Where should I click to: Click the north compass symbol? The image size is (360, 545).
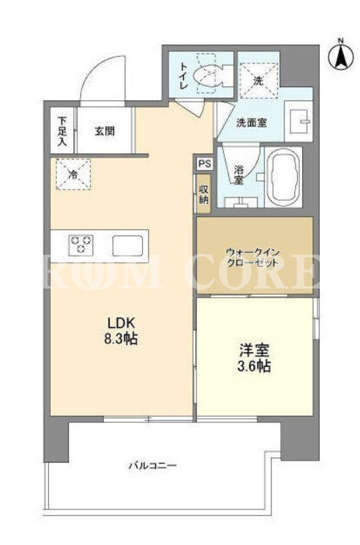pyautogui.click(x=341, y=56)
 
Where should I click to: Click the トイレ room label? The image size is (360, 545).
pyautogui.click(x=183, y=76)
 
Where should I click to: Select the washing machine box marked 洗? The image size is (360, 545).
pyautogui.click(x=258, y=81)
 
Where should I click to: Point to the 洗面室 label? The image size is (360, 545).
pyautogui.click(x=251, y=123)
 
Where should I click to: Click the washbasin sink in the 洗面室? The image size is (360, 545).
pyautogui.click(x=299, y=122)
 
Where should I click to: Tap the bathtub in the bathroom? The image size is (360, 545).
pyautogui.click(x=283, y=177)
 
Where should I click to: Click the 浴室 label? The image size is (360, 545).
pyautogui.click(x=238, y=175)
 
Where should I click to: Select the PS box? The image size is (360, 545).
pyautogui.click(x=205, y=164)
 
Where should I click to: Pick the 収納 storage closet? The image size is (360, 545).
pyautogui.click(x=203, y=194)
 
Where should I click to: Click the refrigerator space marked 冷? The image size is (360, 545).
pyautogui.click(x=73, y=174)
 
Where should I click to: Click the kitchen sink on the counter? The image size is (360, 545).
pyautogui.click(x=127, y=246)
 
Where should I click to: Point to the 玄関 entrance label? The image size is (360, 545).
pyautogui.click(x=104, y=132)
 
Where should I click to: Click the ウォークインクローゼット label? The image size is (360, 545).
pyautogui.click(x=252, y=257)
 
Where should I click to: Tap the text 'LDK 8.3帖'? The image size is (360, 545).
pyautogui.click(x=120, y=330)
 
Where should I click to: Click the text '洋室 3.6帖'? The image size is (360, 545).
pyautogui.click(x=254, y=358)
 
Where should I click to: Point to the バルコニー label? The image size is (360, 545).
pyautogui.click(x=153, y=466)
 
